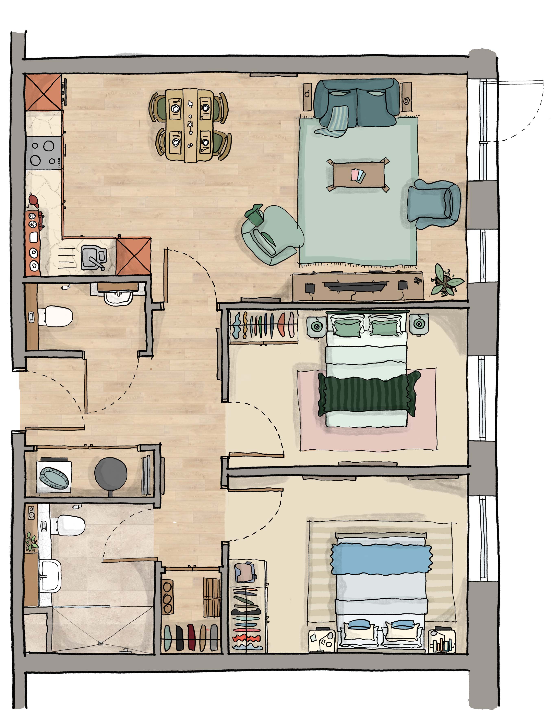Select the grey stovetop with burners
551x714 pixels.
point(44,152)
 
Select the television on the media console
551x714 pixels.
point(354,286)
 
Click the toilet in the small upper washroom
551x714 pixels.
point(58,316)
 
